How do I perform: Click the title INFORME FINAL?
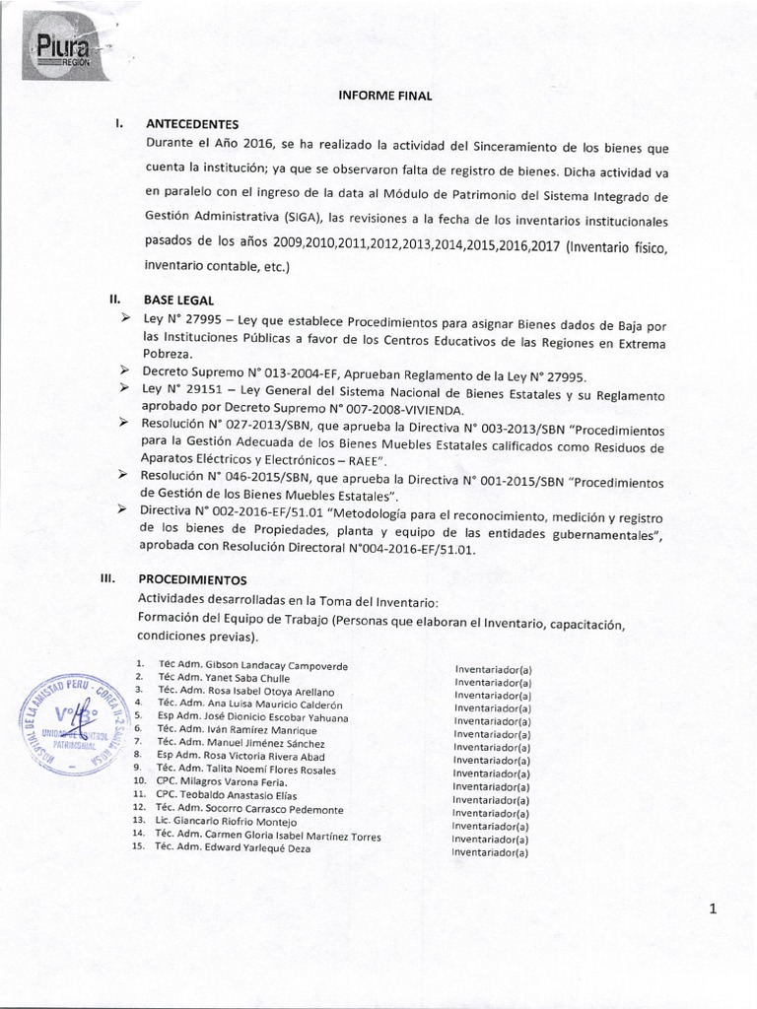tap(378, 96)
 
